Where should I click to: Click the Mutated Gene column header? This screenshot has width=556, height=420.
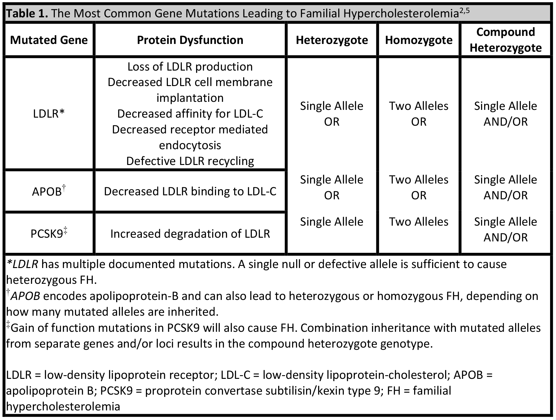click(x=49, y=40)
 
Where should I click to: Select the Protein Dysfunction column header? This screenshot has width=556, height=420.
click(x=190, y=40)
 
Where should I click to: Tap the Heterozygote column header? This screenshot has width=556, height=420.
click(x=332, y=40)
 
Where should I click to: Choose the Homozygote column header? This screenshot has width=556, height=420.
click(x=418, y=40)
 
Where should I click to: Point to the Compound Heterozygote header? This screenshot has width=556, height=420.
click(x=506, y=40)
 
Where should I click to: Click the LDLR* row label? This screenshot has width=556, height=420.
click(x=49, y=114)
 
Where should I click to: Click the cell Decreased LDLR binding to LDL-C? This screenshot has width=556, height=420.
click(x=190, y=192)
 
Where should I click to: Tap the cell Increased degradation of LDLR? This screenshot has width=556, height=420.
click(x=190, y=234)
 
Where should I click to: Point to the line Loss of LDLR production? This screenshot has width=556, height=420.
click(x=190, y=67)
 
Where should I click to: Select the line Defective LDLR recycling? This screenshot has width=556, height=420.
click(x=190, y=161)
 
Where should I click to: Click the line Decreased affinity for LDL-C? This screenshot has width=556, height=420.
click(x=190, y=114)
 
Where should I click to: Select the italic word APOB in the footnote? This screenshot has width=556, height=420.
click(x=25, y=296)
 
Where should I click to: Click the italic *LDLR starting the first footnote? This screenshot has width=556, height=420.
click(x=22, y=264)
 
